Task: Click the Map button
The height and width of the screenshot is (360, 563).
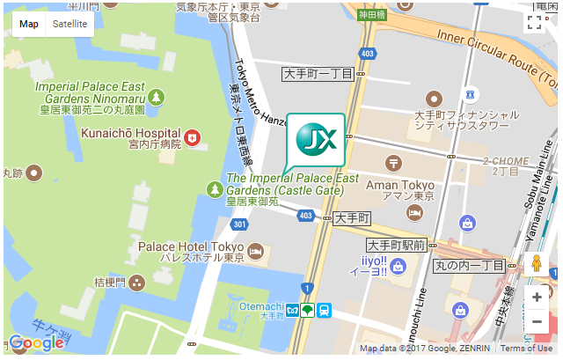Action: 29,24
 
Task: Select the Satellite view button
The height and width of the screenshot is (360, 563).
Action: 69,24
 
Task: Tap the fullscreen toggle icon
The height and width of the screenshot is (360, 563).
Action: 534,23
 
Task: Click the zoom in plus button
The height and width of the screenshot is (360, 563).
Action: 537,297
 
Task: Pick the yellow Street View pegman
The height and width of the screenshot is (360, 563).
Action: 536,264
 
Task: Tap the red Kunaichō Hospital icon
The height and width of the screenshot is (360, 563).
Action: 191,137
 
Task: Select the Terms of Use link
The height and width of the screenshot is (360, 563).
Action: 526,349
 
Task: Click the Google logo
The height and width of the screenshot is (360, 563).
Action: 36,343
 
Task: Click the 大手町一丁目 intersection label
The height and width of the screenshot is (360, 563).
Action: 318,75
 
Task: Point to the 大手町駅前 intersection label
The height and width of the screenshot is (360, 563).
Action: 397,245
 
